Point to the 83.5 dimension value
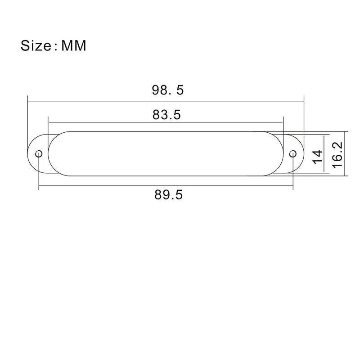166,115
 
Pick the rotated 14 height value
318,156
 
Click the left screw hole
39,153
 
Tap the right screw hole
293,153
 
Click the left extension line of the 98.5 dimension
27,121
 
